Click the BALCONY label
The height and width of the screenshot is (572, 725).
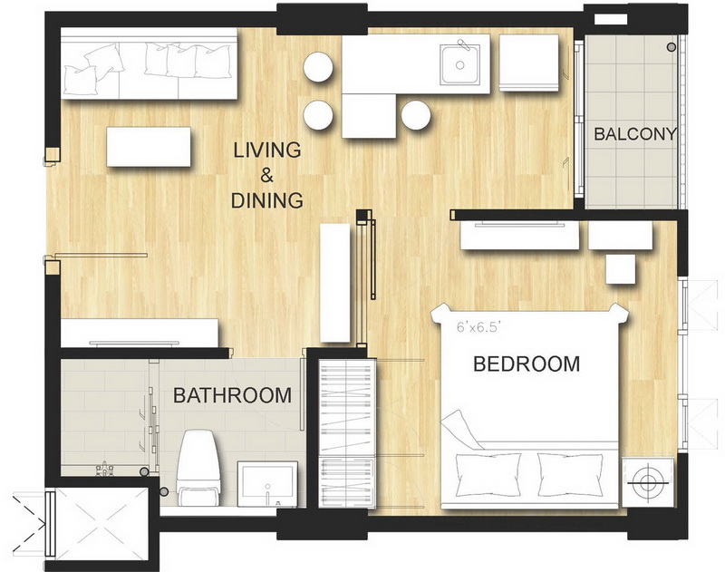[x=635, y=134]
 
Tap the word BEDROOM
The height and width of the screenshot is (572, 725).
[x=527, y=364]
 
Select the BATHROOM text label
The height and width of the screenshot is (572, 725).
[x=232, y=395]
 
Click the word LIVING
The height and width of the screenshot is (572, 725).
[x=267, y=150]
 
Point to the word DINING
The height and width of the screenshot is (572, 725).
[x=266, y=200]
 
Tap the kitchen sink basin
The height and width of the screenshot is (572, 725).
[x=459, y=64]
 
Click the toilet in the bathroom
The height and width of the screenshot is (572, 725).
[x=198, y=468]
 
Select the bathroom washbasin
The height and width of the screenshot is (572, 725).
[x=267, y=484]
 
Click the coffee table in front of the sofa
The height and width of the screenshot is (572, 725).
[x=149, y=147]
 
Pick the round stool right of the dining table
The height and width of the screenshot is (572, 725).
[x=416, y=115]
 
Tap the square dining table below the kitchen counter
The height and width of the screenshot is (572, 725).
[x=369, y=116]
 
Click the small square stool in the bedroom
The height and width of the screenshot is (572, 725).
[x=621, y=270]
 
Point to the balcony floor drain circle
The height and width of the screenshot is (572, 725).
[x=671, y=47]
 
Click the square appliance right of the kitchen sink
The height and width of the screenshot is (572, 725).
[x=529, y=63]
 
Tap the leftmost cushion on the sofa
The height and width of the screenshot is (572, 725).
[x=81, y=80]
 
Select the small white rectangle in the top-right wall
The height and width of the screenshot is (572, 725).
[x=610, y=19]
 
